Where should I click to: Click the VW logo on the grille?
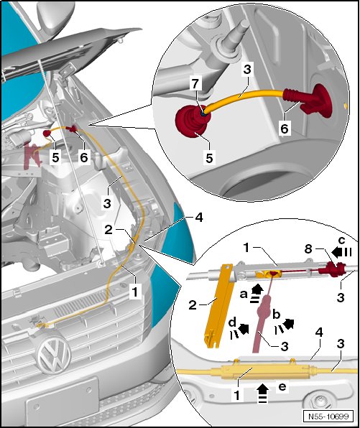[54, 356]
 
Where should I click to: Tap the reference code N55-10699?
[328, 417]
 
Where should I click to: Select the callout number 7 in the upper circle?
[195, 83]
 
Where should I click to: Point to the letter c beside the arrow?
[342, 241]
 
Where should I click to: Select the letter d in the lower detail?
[232, 322]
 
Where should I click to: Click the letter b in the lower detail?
[277, 315]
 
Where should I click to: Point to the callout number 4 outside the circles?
[199, 218]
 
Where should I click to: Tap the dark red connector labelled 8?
[334, 269]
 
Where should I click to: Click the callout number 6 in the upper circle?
[284, 128]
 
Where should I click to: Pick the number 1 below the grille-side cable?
[134, 292]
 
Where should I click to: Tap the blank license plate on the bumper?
[63, 399]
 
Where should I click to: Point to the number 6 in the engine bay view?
[83, 157]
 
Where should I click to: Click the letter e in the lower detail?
[282, 386]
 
